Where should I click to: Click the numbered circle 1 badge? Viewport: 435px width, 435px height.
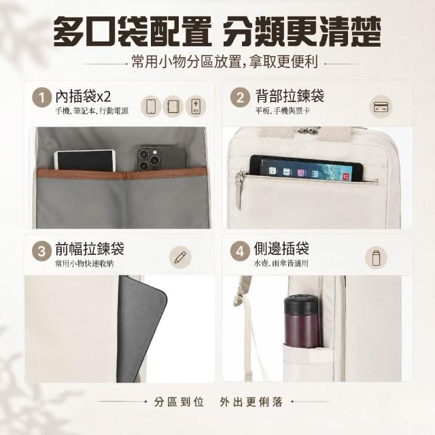[42, 97]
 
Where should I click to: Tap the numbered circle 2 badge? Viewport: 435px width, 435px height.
[240, 97]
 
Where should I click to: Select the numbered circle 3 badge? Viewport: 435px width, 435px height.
[42, 251]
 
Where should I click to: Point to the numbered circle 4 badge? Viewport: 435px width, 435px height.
[240, 251]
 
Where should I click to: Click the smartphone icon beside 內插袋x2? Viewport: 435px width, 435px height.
[151, 106]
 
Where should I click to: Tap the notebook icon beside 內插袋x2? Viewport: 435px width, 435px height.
[173, 106]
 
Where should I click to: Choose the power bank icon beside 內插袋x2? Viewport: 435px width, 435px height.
[196, 106]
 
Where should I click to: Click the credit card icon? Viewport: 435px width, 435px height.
[381, 107]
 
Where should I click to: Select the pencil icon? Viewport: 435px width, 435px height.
[180, 258]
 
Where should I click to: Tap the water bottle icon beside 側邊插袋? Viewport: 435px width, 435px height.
[376, 258]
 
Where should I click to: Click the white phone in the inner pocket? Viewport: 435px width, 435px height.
[85, 160]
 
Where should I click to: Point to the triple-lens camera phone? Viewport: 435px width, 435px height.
[161, 158]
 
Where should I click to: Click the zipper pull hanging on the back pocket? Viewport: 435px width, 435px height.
[239, 190]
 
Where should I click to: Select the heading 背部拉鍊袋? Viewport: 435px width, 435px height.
[290, 97]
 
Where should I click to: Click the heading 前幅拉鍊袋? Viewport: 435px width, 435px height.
[90, 248]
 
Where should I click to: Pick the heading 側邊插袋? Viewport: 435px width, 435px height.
[281, 248]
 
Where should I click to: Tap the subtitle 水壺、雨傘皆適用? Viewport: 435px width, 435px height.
[281, 263]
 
